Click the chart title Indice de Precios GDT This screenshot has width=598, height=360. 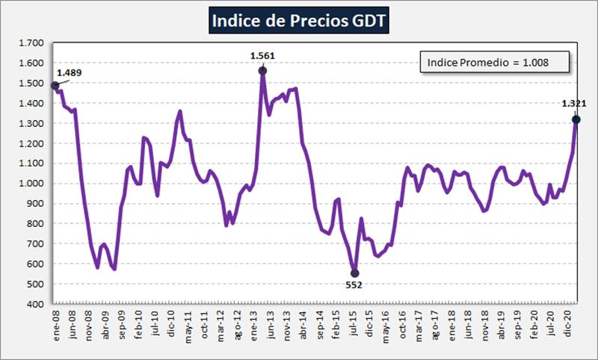[x=299, y=21]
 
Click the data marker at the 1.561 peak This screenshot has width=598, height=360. [x=262, y=71]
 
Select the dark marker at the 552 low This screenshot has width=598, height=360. [x=354, y=273]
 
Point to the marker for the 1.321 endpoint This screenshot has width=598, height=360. [x=576, y=120]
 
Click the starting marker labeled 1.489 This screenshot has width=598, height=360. [x=55, y=86]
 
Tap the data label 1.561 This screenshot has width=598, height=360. [x=262, y=55]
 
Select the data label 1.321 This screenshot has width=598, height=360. [x=574, y=104]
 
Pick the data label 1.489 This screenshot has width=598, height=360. [x=70, y=72]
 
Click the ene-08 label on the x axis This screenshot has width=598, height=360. [x=55, y=325]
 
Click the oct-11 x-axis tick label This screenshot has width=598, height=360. [x=204, y=325]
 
